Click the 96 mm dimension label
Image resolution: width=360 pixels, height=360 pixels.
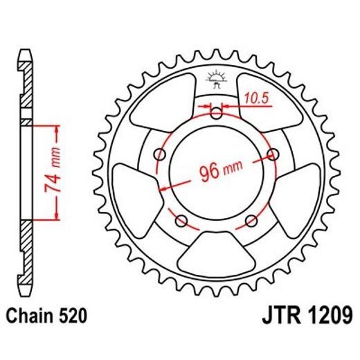[217, 170]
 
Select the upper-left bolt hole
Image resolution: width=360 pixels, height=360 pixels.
[161, 154]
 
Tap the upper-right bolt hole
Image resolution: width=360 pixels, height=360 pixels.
[272, 154]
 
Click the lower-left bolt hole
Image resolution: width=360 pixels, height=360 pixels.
[182, 219]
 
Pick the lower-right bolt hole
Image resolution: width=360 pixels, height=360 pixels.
[251, 219]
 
